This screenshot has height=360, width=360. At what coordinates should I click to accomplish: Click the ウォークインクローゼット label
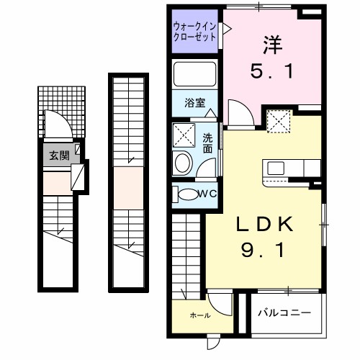point(194,33)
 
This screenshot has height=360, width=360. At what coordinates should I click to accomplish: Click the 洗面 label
point(207,143)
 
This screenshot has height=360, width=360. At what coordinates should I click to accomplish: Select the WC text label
point(208,193)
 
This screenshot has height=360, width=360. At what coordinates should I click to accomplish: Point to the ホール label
point(199,315)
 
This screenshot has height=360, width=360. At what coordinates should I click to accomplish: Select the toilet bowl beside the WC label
point(188,194)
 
